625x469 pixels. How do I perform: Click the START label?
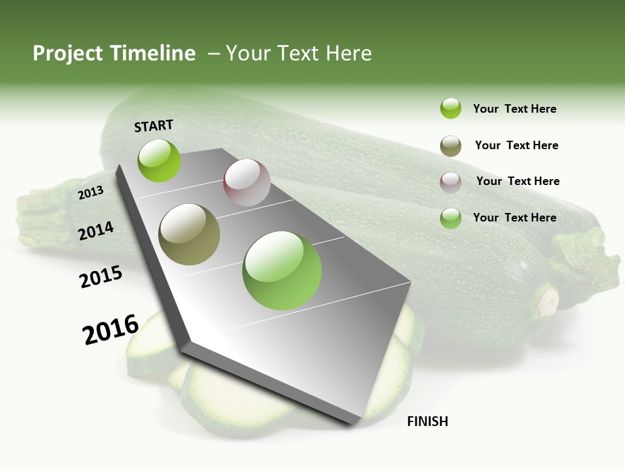pos(154,126)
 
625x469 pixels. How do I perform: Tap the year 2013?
pos(91,192)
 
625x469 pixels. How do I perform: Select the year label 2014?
pos(96,231)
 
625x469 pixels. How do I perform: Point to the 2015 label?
pos(101,277)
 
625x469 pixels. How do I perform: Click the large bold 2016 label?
pos(111,329)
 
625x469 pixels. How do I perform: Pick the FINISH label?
pos(428,421)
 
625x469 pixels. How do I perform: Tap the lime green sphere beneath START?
pos(160,161)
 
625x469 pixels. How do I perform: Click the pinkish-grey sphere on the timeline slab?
pos(247,182)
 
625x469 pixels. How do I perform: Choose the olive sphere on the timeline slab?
pos(189,234)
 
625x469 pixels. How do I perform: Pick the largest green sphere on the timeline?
pos(282,270)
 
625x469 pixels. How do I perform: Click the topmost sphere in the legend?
pos(451,109)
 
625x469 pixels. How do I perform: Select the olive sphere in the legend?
pos(451,146)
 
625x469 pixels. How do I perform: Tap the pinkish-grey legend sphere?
pos(451,182)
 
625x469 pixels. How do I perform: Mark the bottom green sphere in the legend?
pos(451,218)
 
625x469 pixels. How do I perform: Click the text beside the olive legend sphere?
pos(516,145)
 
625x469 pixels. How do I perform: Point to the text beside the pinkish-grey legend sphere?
pos(518,181)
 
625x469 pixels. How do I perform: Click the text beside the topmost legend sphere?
pos(514,109)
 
